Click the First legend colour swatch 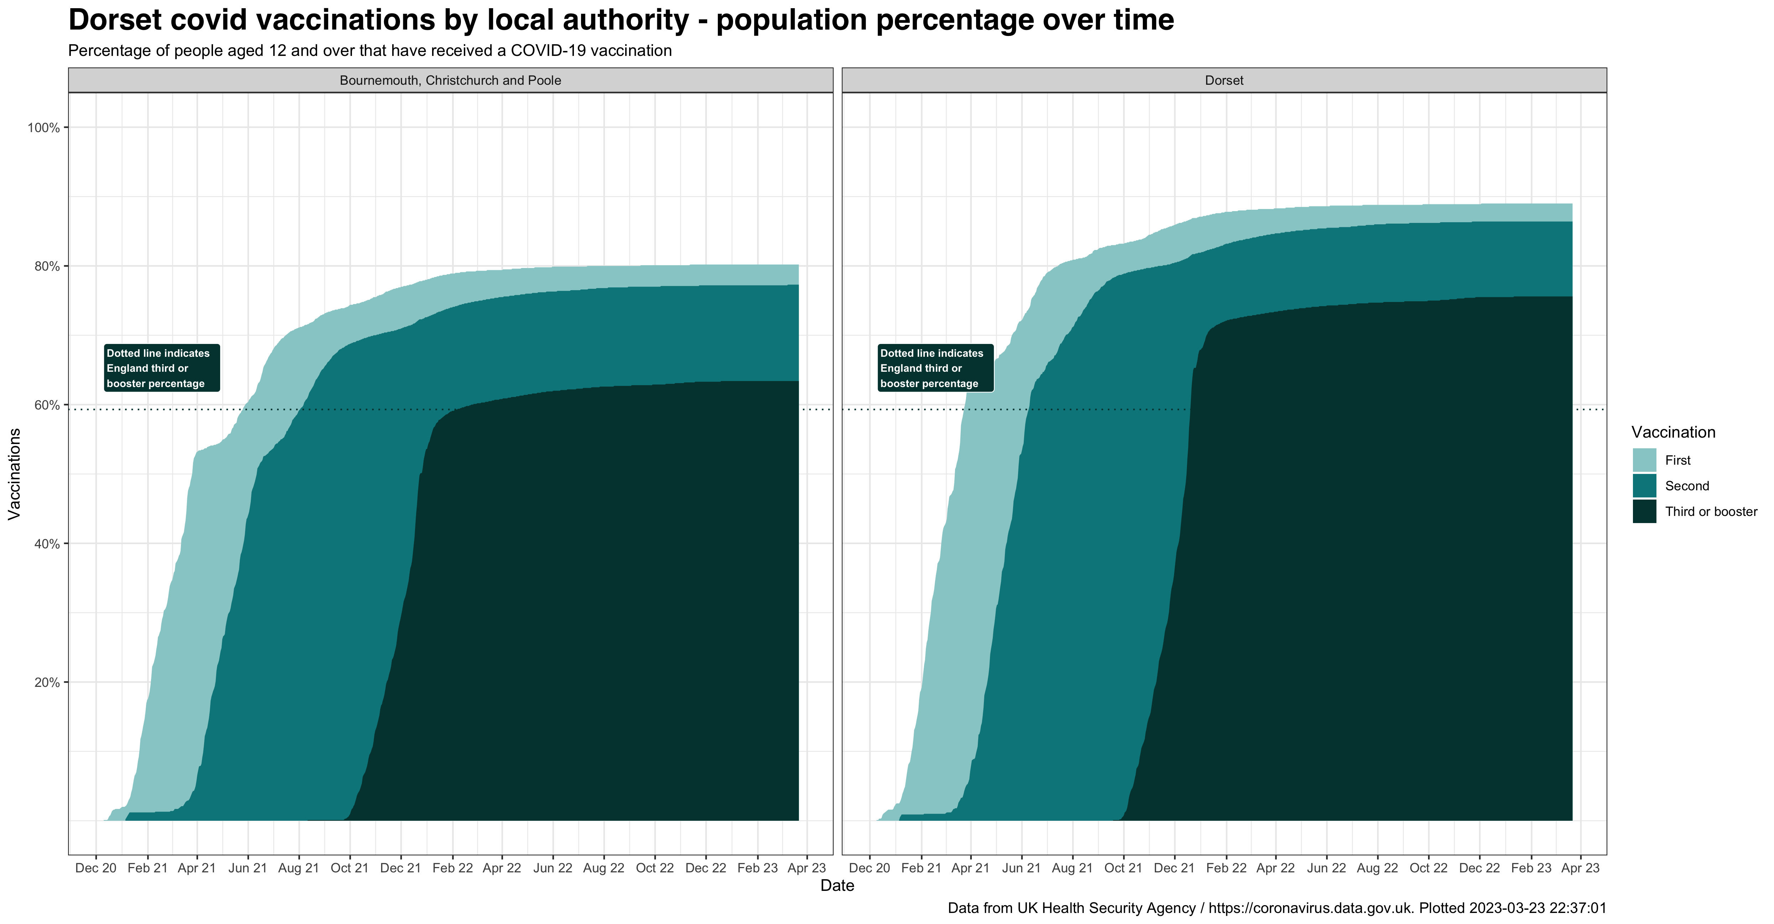(x=1644, y=460)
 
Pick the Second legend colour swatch (x=1644, y=485)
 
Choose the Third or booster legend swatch (x=1644, y=511)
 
